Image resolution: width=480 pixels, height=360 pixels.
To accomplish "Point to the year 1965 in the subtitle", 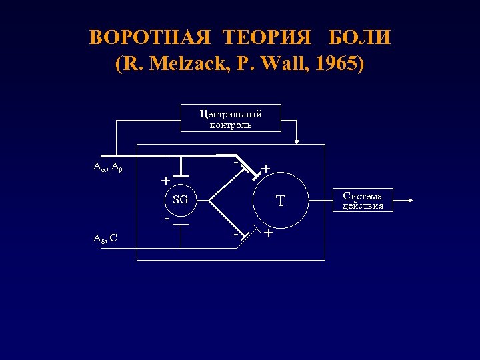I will [x=336, y=65].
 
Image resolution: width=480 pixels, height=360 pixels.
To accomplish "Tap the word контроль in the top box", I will [x=231, y=124].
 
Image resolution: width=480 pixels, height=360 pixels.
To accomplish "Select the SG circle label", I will [x=180, y=199].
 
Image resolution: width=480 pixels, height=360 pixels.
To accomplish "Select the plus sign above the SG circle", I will [x=165, y=180].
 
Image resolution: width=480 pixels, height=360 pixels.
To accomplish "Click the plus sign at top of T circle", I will [x=266, y=169].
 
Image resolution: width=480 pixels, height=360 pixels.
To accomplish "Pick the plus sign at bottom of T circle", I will [x=268, y=233].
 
